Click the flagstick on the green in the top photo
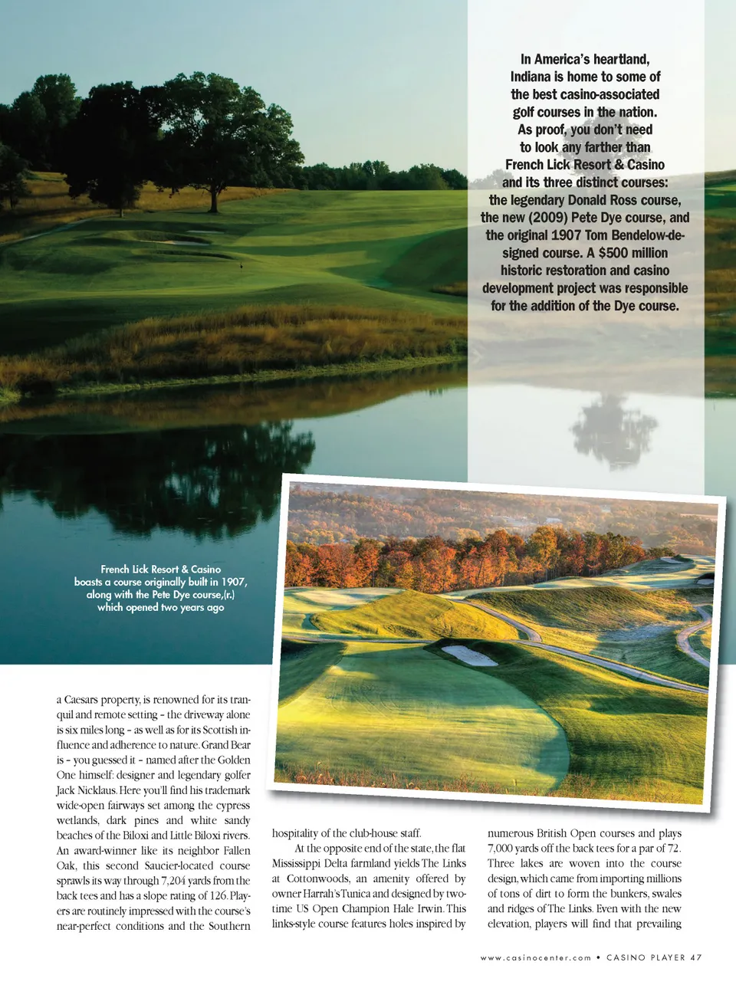pyautogui.click(x=242, y=264)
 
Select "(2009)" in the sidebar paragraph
pyautogui.click(x=547, y=218)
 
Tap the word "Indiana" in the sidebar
pyautogui.click(x=530, y=77)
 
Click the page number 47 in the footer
pyautogui.click(x=695, y=957)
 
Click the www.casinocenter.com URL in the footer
pyautogui.click(x=536, y=957)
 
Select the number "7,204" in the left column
pyautogui.click(x=175, y=881)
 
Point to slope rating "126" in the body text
pyautogui.click(x=218, y=896)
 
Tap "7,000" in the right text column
pyautogui.click(x=504, y=849)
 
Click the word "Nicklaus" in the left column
pyautogui.click(x=97, y=790)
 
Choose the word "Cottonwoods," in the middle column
pyautogui.click(x=317, y=878)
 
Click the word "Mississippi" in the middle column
pyautogui.click(x=297, y=863)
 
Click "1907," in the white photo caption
pyautogui.click(x=234, y=582)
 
